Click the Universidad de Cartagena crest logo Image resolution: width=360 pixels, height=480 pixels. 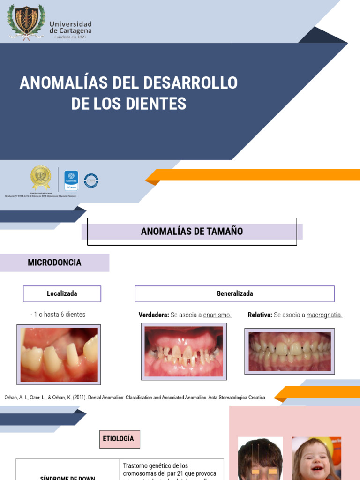(x=27, y=22)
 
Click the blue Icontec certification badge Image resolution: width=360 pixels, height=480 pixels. (x=71, y=180)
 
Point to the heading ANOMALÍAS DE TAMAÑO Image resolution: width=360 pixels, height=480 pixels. (x=192, y=231)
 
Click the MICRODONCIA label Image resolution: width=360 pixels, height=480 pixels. (x=54, y=262)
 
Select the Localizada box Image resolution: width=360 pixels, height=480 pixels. (x=62, y=294)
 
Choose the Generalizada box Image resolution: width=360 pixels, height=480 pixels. (x=234, y=294)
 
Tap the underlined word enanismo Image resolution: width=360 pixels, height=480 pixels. (x=217, y=315)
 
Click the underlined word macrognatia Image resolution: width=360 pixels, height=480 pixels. (x=324, y=315)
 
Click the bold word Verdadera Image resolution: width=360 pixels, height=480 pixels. (x=153, y=315)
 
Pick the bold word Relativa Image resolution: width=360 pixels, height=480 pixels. (x=260, y=315)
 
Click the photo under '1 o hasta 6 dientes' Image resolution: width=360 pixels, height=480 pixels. (x=59, y=354)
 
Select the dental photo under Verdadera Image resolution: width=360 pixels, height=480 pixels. (x=184, y=351)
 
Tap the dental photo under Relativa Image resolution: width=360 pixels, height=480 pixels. (x=289, y=351)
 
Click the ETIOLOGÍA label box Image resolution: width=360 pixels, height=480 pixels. (x=119, y=439)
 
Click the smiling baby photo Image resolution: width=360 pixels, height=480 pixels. (x=316, y=458)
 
